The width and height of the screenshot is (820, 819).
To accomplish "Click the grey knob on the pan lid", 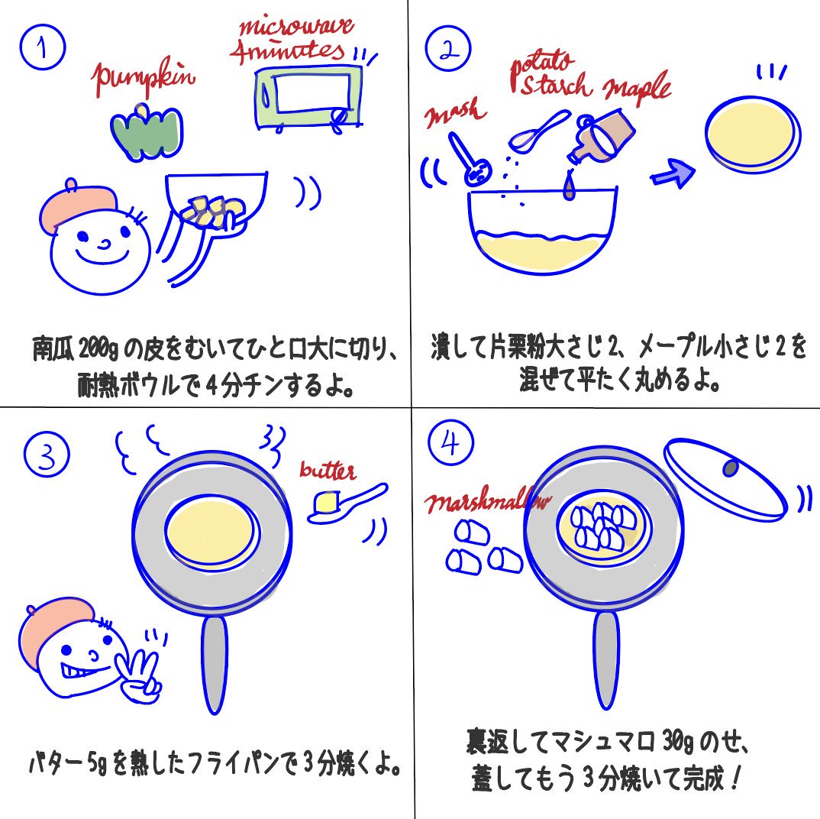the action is pyautogui.click(x=731, y=468).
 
